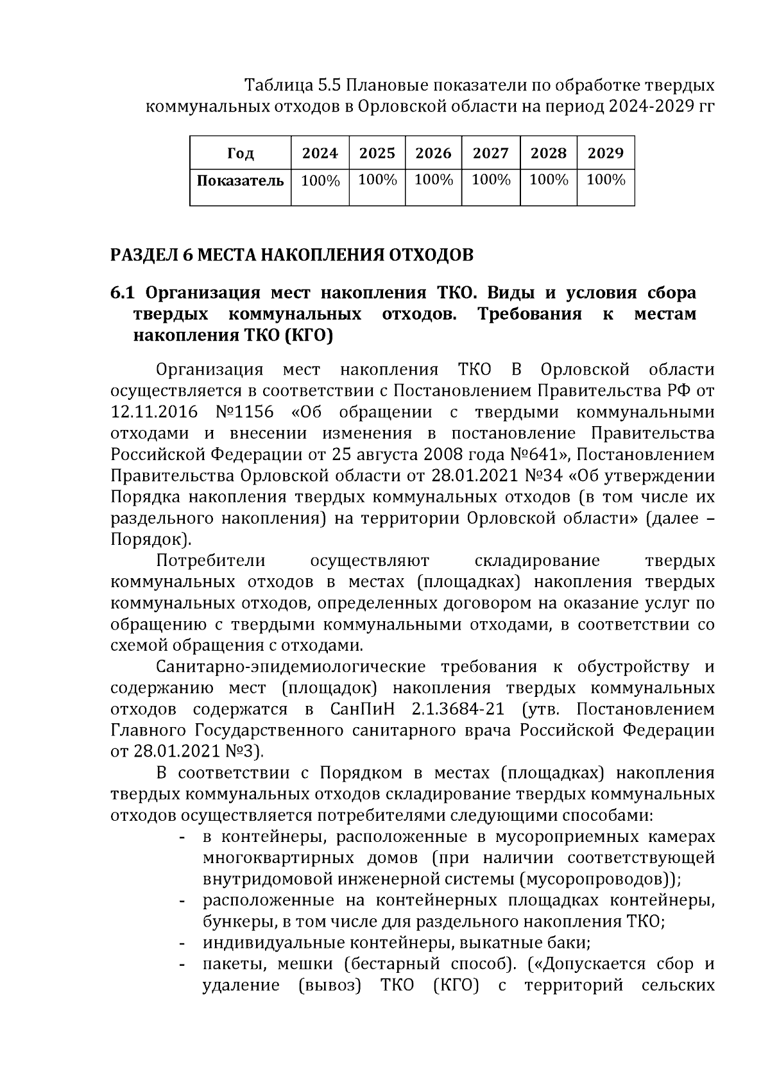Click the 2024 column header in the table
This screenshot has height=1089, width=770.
coord(320,153)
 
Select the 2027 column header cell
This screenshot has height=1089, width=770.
coord(490,153)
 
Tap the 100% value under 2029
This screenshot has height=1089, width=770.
coord(605,180)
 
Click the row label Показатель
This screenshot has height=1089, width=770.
coord(240,180)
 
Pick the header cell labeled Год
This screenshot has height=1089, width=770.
coord(240,153)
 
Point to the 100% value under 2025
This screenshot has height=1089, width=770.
coord(377,180)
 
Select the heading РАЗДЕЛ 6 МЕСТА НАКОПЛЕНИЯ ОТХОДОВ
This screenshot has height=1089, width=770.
coord(292,255)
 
